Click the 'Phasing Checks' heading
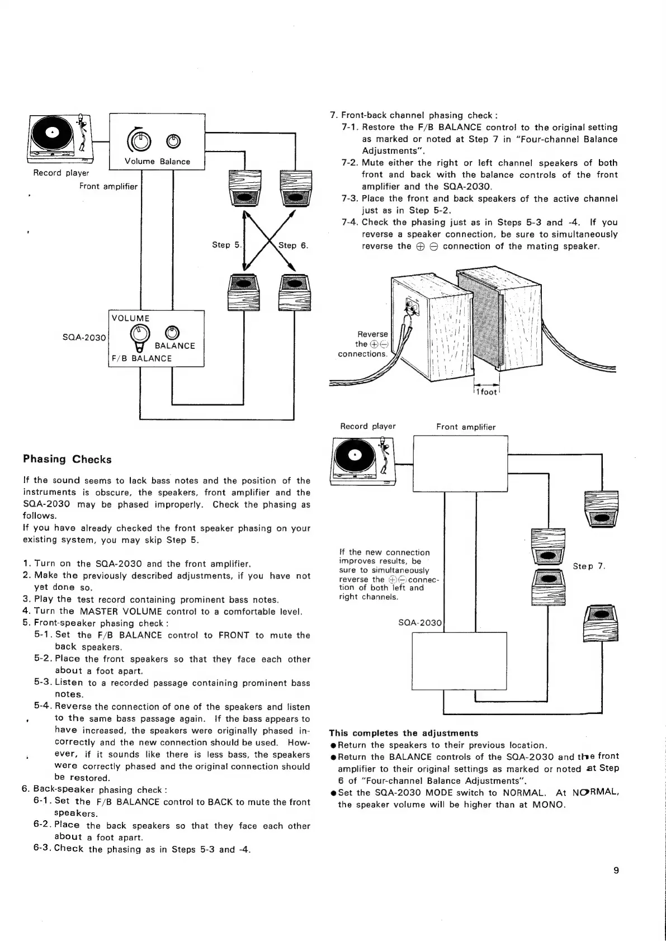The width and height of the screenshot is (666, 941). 67,460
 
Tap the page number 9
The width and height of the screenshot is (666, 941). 616,870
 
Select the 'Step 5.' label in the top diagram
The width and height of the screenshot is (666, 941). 225,245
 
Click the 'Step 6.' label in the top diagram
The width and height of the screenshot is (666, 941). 294,245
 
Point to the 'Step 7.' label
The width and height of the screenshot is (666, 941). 589,566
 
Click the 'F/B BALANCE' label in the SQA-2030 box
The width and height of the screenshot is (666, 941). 142,358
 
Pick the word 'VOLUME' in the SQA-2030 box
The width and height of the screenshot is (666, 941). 131,318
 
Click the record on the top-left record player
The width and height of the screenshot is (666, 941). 51,133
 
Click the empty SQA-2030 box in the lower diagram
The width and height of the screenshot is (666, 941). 459,661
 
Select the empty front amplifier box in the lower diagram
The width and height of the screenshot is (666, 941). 460,464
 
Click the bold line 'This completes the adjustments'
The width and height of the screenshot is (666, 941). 403,733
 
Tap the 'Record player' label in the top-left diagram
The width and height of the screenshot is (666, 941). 62,173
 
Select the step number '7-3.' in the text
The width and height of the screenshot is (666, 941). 350,198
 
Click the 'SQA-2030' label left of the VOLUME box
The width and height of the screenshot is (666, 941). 84,337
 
